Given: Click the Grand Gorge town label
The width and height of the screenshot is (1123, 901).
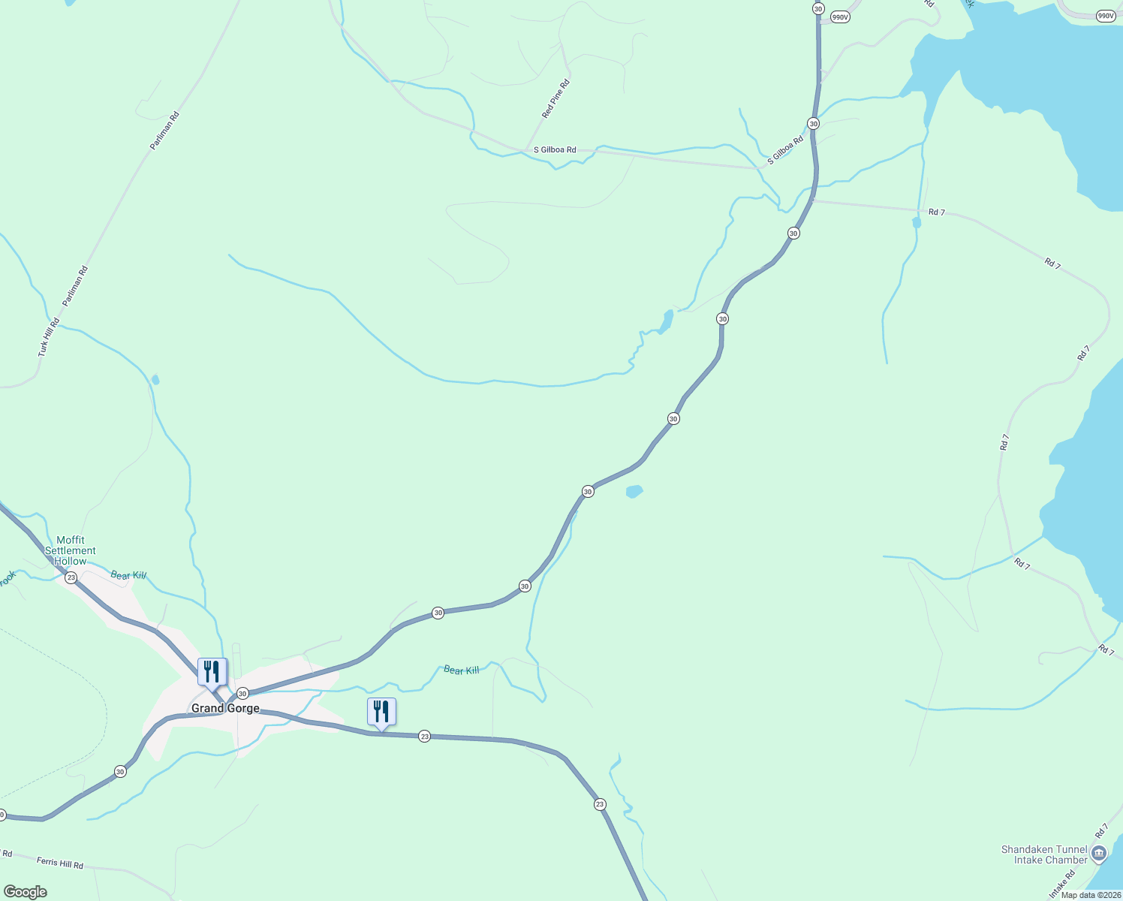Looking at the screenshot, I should point(225,708).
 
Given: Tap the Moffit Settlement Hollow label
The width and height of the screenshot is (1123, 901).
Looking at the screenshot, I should point(71,550).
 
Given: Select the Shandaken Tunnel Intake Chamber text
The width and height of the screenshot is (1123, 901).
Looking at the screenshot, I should point(1044,854).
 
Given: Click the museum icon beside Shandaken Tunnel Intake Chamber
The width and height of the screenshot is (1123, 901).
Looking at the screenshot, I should point(1099,853).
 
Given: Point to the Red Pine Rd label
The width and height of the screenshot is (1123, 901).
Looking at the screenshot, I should point(556,99).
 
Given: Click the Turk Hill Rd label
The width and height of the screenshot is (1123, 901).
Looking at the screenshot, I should point(49,337).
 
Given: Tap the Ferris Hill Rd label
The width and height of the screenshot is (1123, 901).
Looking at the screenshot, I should point(59,863).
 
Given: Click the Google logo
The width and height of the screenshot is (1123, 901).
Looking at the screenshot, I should point(26,891).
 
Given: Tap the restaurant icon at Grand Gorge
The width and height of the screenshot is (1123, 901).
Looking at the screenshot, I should point(212,671).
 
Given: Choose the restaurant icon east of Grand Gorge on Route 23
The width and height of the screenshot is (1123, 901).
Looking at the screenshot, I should point(381,711).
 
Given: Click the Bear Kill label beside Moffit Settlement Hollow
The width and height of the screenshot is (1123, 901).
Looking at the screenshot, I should point(128,576).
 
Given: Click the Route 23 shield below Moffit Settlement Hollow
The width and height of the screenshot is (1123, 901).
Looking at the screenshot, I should point(71,577).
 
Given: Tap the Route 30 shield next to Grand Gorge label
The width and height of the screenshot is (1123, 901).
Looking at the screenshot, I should point(242,694).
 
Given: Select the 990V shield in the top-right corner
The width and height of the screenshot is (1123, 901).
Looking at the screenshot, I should point(1105,16).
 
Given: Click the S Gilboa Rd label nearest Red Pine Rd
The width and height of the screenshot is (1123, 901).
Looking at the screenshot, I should point(555,150).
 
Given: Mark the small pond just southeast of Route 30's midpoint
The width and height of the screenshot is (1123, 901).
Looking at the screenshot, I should point(634,492).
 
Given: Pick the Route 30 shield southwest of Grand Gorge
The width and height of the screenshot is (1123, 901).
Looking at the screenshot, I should point(120,772).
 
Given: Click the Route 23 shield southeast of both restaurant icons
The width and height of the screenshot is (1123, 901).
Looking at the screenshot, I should point(599,805).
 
